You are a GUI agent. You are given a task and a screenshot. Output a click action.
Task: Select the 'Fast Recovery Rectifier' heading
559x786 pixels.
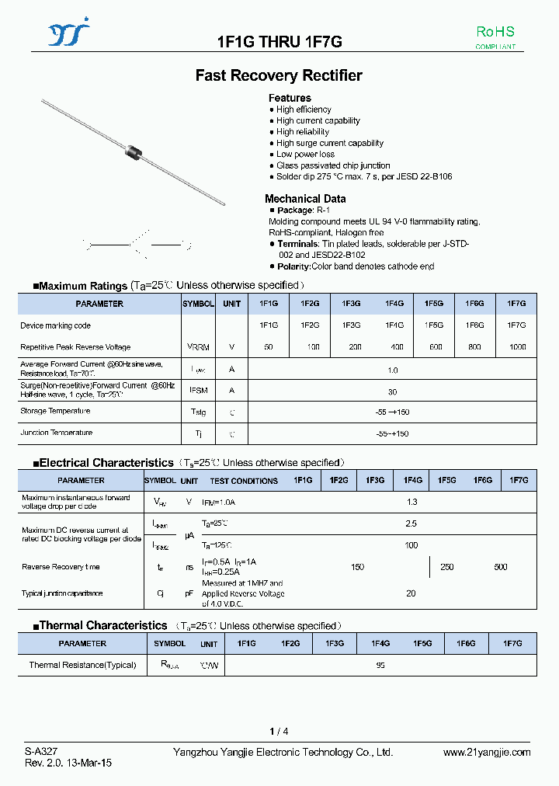(279, 75)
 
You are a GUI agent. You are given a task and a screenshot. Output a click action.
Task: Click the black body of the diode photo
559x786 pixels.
(135, 150)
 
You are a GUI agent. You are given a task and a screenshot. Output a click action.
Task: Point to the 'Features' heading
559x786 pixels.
(290, 98)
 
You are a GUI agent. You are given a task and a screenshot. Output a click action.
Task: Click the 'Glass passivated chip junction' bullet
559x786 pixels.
(333, 165)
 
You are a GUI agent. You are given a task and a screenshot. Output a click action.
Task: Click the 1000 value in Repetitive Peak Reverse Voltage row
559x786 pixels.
(516, 347)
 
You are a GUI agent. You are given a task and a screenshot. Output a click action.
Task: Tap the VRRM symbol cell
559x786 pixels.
(197, 347)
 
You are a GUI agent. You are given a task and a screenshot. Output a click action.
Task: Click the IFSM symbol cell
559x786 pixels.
(197, 391)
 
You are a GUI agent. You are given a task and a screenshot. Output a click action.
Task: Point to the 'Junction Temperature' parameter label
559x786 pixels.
(56, 433)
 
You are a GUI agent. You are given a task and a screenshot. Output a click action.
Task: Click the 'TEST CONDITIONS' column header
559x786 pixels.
(244, 482)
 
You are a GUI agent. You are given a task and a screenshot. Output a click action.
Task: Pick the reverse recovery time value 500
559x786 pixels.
(501, 567)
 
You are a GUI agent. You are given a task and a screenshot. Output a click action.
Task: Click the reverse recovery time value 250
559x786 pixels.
(447, 567)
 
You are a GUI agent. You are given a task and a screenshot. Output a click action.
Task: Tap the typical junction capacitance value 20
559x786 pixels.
(411, 593)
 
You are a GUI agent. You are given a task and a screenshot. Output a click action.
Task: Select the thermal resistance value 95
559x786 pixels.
(380, 665)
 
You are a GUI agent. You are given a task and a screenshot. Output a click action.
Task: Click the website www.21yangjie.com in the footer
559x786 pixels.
(487, 752)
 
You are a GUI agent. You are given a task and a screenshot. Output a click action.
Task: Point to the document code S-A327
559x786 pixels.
(41, 752)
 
